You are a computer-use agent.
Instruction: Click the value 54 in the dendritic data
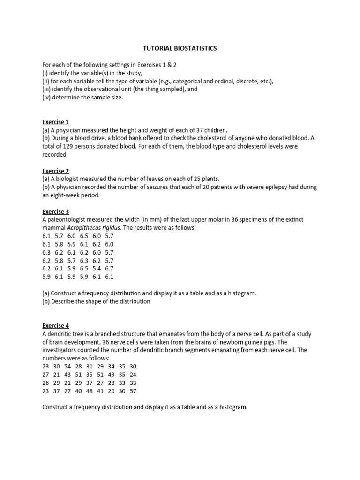(67, 367)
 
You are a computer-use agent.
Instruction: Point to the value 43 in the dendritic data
(67, 375)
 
